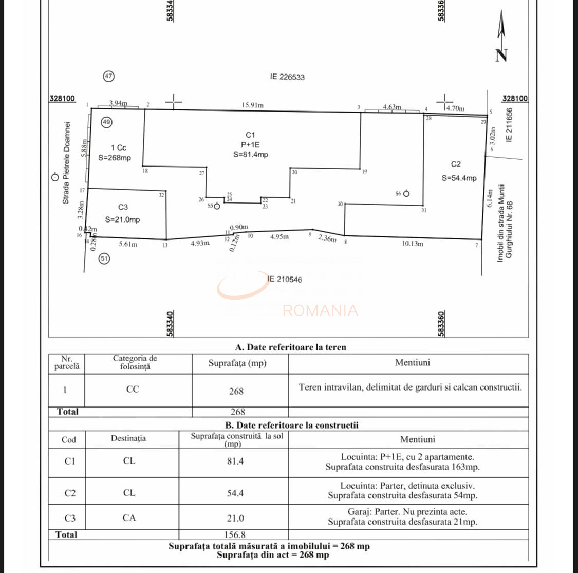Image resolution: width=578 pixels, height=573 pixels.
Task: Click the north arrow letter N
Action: [x=501, y=55]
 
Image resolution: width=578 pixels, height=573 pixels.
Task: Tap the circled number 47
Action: [x=108, y=76]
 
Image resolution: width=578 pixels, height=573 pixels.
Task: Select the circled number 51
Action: [x=104, y=258]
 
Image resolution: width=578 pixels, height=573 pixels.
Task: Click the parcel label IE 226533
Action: [x=287, y=77]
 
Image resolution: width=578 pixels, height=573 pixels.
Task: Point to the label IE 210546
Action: [x=285, y=279]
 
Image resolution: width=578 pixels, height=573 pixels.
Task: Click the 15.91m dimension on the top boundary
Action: [x=253, y=105]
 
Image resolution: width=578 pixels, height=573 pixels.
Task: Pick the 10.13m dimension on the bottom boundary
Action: [x=412, y=244]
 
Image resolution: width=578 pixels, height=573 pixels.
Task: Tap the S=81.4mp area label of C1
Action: [x=251, y=154]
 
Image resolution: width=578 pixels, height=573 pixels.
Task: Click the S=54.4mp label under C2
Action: [x=459, y=178]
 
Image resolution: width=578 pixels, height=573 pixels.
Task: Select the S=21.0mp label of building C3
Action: [x=122, y=219]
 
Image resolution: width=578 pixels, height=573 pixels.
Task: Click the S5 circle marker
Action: [x=217, y=206]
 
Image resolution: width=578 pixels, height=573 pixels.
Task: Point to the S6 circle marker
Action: [x=406, y=194]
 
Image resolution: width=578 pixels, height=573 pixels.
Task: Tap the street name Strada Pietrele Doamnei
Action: [x=66, y=162]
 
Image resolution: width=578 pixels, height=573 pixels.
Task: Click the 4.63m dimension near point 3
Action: [x=392, y=107]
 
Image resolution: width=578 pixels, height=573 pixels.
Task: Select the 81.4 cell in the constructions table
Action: [x=235, y=461]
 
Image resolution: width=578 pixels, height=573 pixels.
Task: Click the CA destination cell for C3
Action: [x=129, y=518]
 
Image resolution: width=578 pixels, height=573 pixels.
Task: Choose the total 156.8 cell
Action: [x=235, y=534]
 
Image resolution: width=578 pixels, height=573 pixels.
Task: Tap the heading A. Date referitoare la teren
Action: [x=291, y=347]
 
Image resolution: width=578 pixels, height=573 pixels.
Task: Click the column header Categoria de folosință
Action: [x=135, y=362]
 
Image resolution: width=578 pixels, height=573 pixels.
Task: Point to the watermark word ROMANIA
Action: [x=320, y=310]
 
